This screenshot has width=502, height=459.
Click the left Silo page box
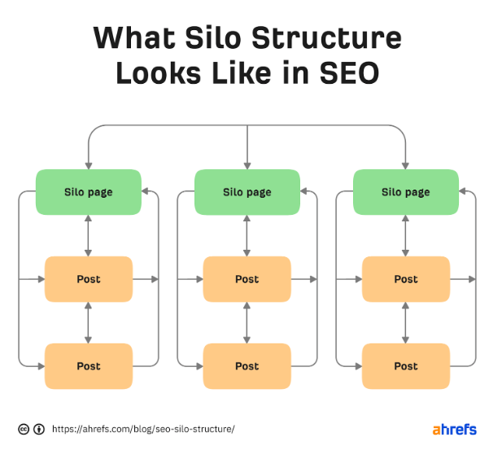click(x=89, y=192)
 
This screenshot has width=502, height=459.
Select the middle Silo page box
click(x=247, y=192)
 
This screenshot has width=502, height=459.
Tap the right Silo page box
click(x=406, y=192)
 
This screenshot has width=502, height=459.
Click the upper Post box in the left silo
click(x=89, y=279)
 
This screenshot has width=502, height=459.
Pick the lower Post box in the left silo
click(x=89, y=366)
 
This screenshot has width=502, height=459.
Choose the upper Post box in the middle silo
click(x=247, y=279)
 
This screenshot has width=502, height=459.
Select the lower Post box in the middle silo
click(x=247, y=366)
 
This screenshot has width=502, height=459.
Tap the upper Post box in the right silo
click(x=406, y=279)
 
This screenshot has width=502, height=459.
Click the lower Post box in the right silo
click(x=406, y=366)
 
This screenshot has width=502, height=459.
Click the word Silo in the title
click(x=213, y=37)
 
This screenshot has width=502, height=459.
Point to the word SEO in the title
click(x=349, y=72)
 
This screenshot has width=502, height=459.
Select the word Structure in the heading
click(x=326, y=37)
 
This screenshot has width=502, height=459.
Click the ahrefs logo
click(x=454, y=429)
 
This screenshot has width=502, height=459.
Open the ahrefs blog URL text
click(x=143, y=429)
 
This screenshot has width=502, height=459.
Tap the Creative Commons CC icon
click(x=24, y=429)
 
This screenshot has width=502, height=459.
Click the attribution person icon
click(x=39, y=429)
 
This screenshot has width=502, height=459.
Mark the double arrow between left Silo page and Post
click(x=89, y=236)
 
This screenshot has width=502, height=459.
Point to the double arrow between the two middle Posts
click(x=247, y=323)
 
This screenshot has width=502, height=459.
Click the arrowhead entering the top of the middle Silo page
click(x=247, y=165)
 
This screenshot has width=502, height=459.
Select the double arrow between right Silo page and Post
click(x=406, y=236)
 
